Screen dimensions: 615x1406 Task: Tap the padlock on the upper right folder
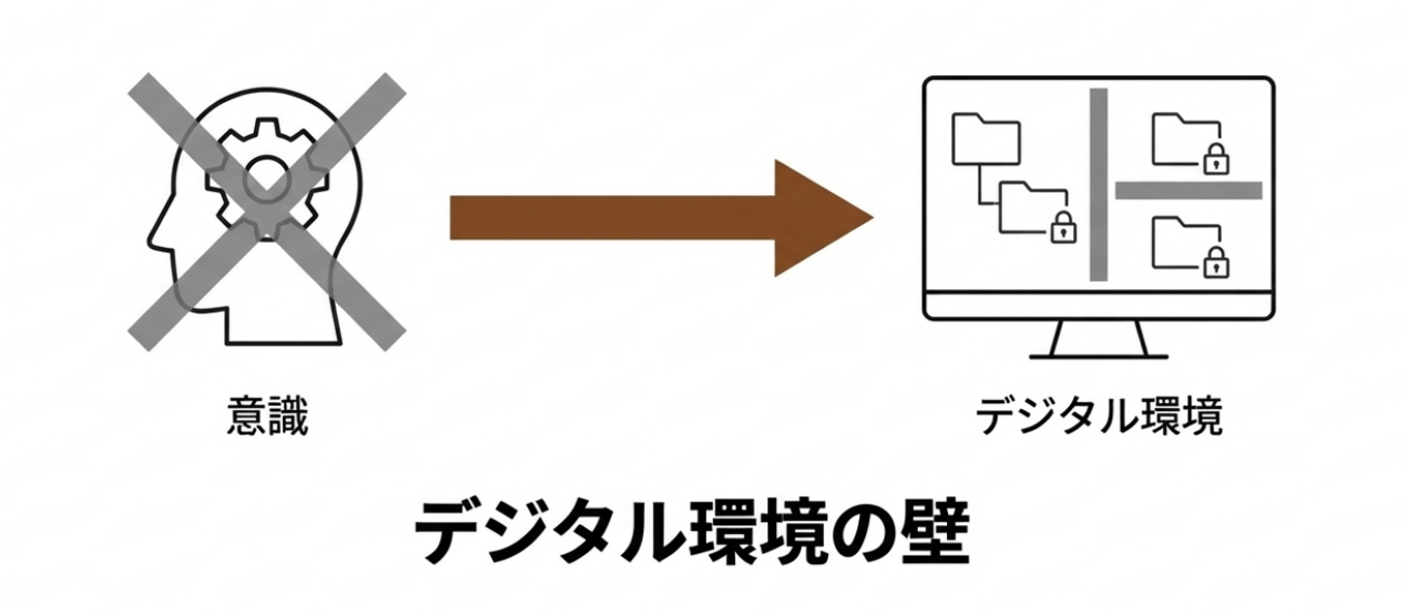coord(1215,158)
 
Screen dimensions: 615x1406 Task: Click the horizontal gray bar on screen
coord(1188,190)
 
